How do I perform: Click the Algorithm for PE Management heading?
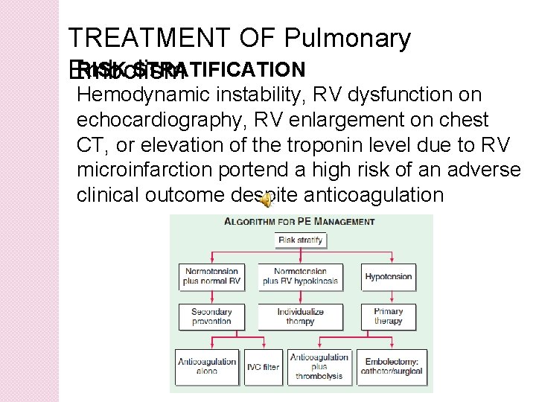click(x=300, y=222)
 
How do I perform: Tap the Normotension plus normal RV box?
click(x=211, y=276)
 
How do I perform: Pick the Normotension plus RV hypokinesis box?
click(x=301, y=276)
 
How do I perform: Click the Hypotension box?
click(x=388, y=276)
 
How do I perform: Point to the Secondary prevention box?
click(x=211, y=316)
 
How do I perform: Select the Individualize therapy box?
click(x=301, y=316)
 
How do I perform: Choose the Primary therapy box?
click(x=388, y=316)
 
